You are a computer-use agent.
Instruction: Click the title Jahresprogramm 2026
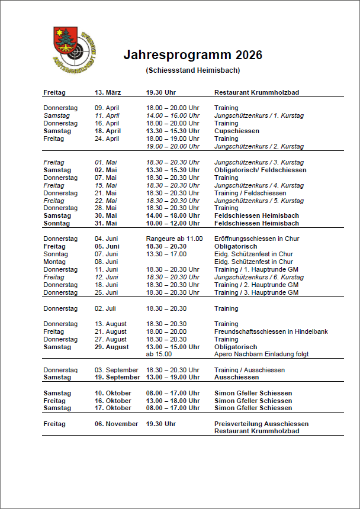(192, 56)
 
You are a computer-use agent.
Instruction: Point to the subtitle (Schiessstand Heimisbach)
(192, 70)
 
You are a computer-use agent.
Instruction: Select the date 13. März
(108, 93)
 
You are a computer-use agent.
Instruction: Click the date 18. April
(108, 131)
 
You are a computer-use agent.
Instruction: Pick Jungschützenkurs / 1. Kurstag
(259, 116)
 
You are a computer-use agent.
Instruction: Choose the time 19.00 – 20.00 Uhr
(173, 146)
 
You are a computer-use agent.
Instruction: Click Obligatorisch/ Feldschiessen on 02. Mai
(260, 170)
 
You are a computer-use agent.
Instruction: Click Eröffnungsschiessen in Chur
(256, 239)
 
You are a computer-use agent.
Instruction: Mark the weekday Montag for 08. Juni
(55, 262)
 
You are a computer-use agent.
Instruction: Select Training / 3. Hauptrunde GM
(256, 292)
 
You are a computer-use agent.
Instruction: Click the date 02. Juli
(105, 308)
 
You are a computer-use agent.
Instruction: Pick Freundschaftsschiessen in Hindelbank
(271, 332)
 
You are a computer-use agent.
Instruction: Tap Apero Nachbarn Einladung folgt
(261, 355)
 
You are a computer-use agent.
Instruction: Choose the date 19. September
(117, 377)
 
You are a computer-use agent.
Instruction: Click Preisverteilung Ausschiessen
(261, 424)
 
